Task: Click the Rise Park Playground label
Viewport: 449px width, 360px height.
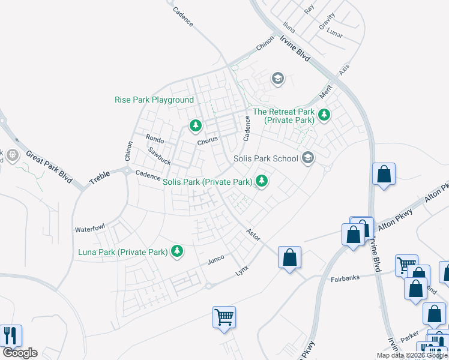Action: (154, 100)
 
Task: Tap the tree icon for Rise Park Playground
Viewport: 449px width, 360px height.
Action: (195, 125)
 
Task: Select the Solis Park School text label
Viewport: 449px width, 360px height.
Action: (265, 158)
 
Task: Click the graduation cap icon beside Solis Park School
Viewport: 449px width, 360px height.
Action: (308, 157)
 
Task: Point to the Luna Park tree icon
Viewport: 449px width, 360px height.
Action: (177, 251)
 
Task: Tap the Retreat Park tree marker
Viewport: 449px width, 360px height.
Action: (324, 114)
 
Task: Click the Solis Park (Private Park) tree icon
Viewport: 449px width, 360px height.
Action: (262, 180)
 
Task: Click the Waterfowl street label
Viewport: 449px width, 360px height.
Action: (89, 229)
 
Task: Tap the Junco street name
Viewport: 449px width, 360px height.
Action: (215, 259)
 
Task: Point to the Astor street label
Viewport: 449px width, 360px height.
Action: (253, 235)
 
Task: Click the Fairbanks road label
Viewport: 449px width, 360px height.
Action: (345, 279)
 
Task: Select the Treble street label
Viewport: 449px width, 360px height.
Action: (100, 177)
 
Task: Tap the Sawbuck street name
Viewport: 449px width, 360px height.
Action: (160, 157)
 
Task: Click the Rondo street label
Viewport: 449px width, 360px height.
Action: (155, 139)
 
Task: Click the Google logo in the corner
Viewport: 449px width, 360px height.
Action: (19, 353)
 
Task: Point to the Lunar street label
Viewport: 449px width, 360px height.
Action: (334, 34)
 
